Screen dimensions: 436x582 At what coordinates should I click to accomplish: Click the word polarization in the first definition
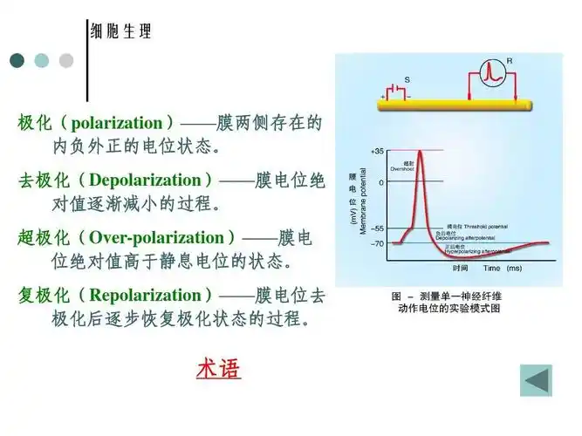[x=117, y=123]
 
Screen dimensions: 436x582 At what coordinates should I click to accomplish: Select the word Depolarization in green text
[x=145, y=181]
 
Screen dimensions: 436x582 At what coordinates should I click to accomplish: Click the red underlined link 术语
[x=218, y=368]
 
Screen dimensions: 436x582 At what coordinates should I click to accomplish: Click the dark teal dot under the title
[x=17, y=60]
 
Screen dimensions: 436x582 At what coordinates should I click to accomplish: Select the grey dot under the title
[x=66, y=60]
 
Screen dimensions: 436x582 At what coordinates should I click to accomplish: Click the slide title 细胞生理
[x=121, y=32]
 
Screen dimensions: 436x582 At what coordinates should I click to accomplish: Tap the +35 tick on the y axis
[x=376, y=151]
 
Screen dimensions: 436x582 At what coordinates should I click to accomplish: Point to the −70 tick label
[x=376, y=243]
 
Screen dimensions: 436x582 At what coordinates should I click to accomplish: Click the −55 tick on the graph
[x=376, y=228]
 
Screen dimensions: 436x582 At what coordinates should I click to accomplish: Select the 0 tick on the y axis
[x=380, y=181]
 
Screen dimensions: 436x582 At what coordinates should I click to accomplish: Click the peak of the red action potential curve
[x=420, y=152]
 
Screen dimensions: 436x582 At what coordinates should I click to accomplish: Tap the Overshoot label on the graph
[x=401, y=167]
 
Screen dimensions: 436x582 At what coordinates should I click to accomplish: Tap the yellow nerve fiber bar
[x=454, y=104]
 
